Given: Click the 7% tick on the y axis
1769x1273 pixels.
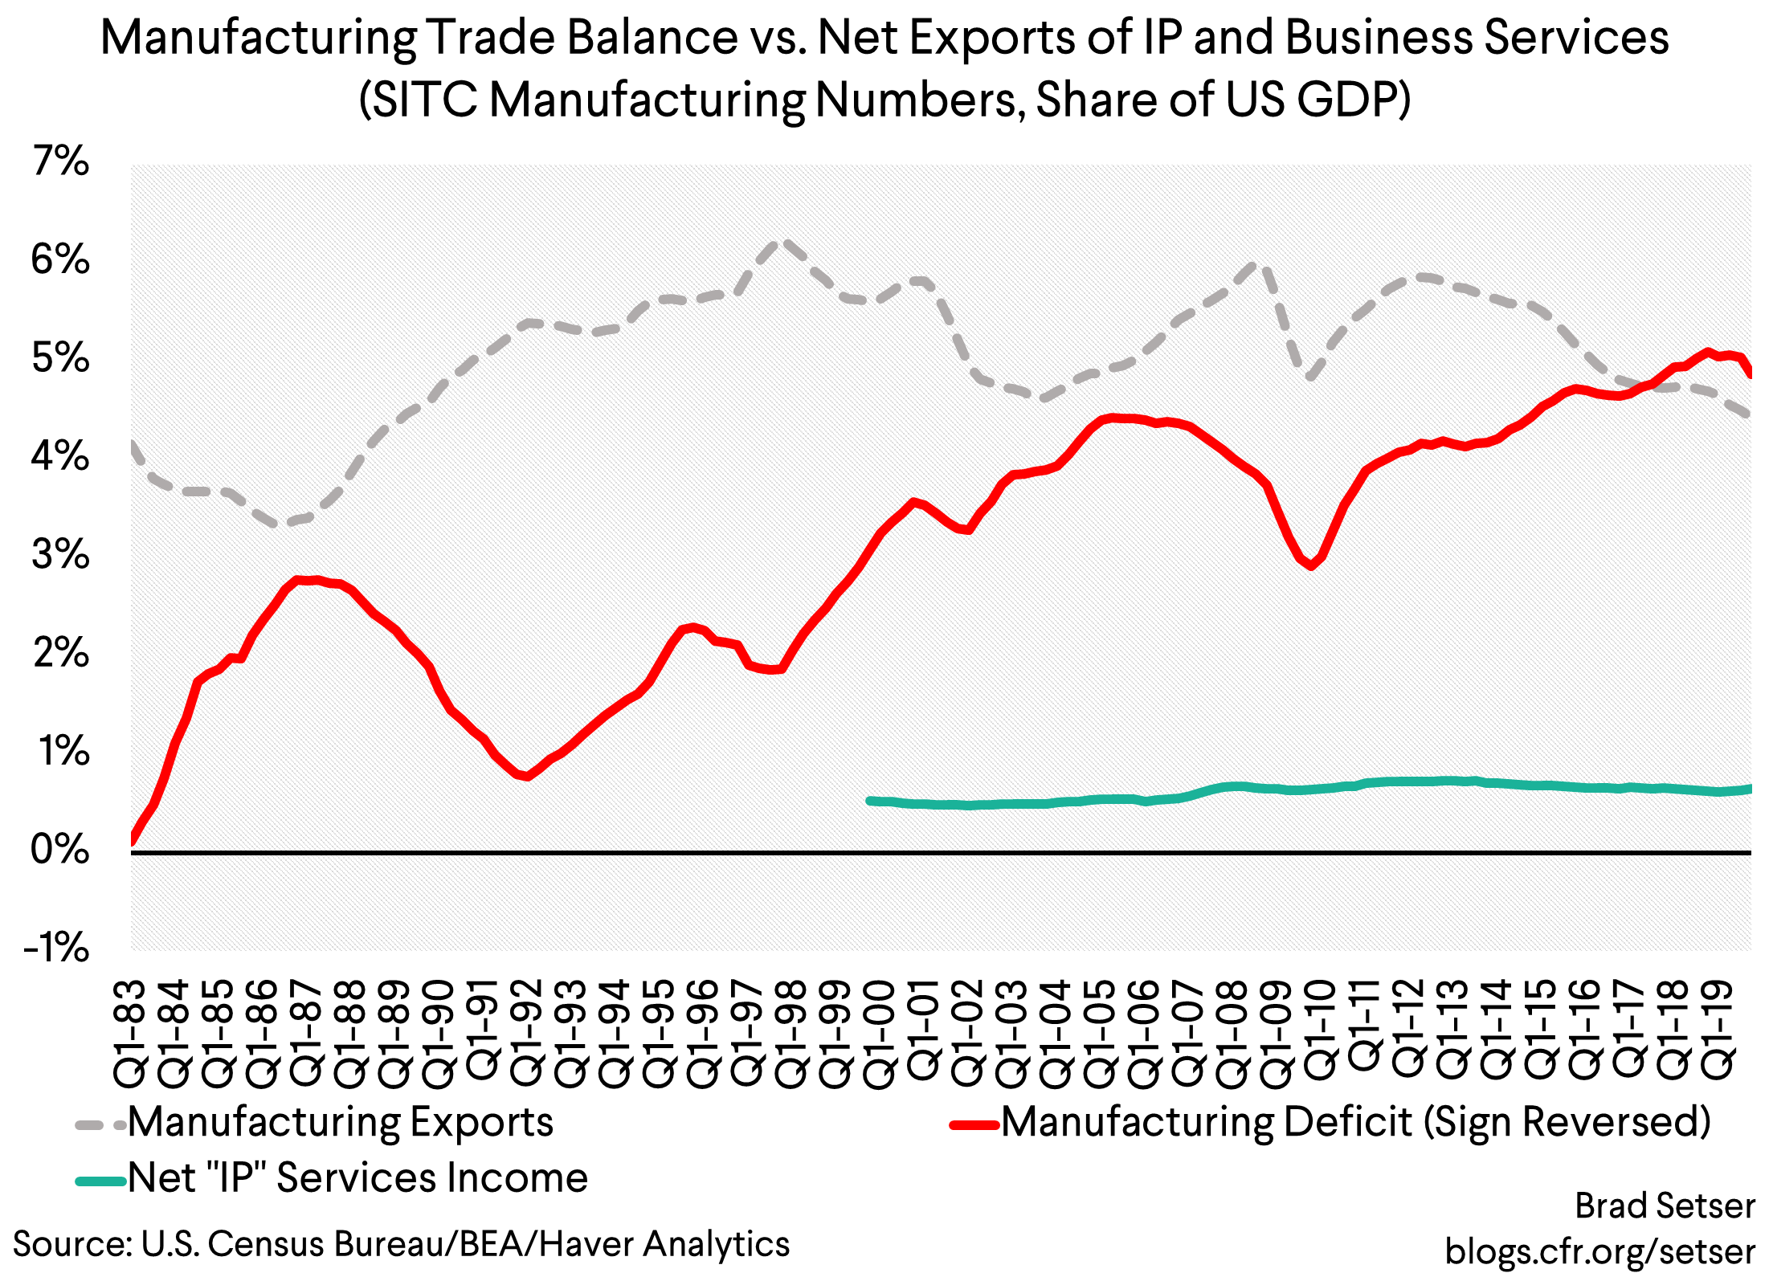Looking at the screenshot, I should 60,161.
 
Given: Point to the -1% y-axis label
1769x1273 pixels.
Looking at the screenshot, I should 57,949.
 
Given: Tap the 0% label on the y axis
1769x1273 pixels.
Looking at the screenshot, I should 60,850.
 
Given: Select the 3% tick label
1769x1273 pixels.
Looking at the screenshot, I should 60,555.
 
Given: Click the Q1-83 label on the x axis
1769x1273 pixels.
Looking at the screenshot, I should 131,1034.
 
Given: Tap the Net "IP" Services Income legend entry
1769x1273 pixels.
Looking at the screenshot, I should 357,1178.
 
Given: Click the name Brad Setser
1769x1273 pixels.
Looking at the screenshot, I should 1665,1206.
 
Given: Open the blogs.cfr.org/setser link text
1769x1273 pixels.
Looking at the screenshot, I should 1600,1251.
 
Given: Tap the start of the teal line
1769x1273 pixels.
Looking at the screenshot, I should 869,801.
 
